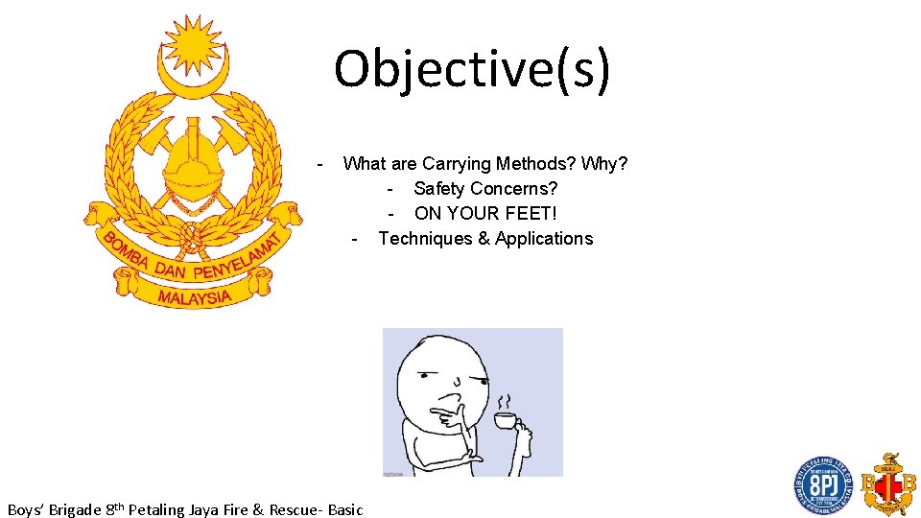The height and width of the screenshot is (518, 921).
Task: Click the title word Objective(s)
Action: (x=471, y=69)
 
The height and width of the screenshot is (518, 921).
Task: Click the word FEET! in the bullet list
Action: (x=531, y=213)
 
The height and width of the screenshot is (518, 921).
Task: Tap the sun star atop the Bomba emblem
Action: (x=194, y=44)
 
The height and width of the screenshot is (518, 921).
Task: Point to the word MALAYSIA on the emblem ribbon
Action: (x=195, y=296)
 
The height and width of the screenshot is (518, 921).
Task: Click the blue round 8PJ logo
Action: (x=822, y=485)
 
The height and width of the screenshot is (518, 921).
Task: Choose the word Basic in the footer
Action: (x=345, y=509)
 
